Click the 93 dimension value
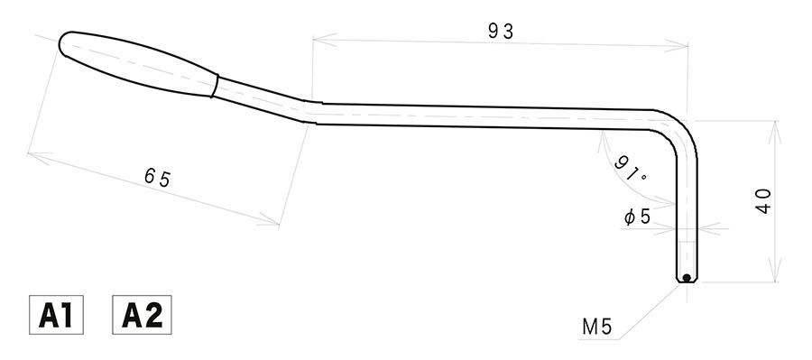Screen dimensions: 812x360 click(x=501, y=31)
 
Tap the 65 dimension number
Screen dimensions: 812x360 click(x=157, y=178)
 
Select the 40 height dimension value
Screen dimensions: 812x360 click(x=763, y=201)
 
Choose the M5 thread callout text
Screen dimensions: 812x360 click(x=597, y=327)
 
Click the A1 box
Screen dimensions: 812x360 click(x=56, y=315)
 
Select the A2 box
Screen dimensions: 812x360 click(x=142, y=315)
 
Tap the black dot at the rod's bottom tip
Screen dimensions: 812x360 click(x=687, y=278)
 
